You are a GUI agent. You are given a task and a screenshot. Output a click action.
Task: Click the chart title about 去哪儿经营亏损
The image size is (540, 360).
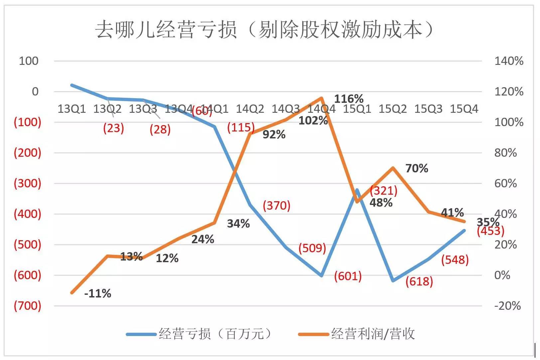265,30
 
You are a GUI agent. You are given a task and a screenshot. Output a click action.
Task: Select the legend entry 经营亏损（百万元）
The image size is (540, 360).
215,334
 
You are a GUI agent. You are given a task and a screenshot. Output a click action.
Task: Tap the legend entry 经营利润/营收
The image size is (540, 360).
372,334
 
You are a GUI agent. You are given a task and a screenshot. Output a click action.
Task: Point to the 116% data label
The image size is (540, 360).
348,99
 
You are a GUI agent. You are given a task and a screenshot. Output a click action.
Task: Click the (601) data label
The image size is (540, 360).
348,276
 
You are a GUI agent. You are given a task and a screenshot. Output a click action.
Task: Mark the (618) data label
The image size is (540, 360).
419,281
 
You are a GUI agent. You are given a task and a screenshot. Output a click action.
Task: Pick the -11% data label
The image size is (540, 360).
97,293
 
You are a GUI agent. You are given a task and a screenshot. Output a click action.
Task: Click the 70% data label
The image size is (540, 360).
417,168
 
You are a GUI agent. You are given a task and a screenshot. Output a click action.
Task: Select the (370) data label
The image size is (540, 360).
276,206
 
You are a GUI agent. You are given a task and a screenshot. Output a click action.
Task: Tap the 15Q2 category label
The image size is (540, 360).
392,109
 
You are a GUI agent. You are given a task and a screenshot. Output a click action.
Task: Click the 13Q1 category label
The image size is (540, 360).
71,109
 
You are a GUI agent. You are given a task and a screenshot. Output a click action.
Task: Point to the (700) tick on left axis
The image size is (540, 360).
28,306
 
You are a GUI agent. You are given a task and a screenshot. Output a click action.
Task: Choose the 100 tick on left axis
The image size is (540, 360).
29,61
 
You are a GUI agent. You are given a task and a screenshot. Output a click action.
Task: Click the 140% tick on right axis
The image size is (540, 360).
509,61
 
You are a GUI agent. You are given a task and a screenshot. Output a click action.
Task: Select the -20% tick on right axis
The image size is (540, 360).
507,306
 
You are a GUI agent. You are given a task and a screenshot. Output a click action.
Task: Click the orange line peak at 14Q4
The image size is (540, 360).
322,98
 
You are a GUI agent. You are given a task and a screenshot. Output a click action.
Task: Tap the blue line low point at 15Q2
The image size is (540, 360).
393,280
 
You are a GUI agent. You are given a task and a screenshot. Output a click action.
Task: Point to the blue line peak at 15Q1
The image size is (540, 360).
357,190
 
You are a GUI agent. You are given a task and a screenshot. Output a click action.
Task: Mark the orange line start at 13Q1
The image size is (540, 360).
72,292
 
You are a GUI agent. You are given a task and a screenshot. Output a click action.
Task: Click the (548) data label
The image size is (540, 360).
455,260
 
